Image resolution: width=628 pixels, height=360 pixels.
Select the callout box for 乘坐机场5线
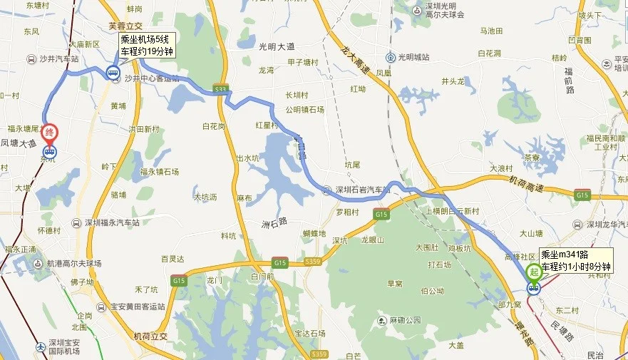coord(146,45)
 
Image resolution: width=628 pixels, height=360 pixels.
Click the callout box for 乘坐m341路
coord(576,259)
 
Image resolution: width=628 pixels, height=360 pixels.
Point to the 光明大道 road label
coord(277,46)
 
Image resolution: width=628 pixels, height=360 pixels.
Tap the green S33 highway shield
coord(220,89)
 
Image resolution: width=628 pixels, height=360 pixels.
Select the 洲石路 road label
coord(273,222)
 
